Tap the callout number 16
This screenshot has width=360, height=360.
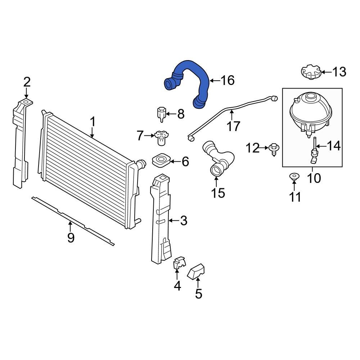(x=227, y=80)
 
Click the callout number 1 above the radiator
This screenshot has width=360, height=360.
(x=93, y=122)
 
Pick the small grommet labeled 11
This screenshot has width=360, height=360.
(x=294, y=176)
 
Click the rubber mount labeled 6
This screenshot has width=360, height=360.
(x=161, y=161)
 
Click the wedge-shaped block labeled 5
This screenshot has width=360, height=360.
(x=197, y=271)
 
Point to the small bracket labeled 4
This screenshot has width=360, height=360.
(x=179, y=264)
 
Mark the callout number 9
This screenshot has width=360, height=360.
(x=71, y=238)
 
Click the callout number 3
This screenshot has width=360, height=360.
(x=184, y=221)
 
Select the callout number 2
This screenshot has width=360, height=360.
(x=27, y=82)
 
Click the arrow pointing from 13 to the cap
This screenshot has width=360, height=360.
(x=325, y=72)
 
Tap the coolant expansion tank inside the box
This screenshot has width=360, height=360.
(x=309, y=112)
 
